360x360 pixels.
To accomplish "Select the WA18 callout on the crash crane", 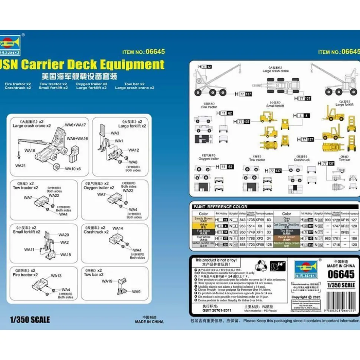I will [x=30, y=151].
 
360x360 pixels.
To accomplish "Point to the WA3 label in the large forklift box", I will [x=115, y=133].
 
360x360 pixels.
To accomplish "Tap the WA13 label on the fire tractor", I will [x=56, y=276].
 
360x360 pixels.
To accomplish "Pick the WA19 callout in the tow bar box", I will [x=107, y=281].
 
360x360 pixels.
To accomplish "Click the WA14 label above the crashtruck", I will [x=117, y=228].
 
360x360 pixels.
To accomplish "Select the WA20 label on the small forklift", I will [x=63, y=235].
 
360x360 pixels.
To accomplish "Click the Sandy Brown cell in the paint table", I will [x=203, y=219].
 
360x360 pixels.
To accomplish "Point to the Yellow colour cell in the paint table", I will [x=203, y=225].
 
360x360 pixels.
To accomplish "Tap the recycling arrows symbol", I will [x=259, y=265].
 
